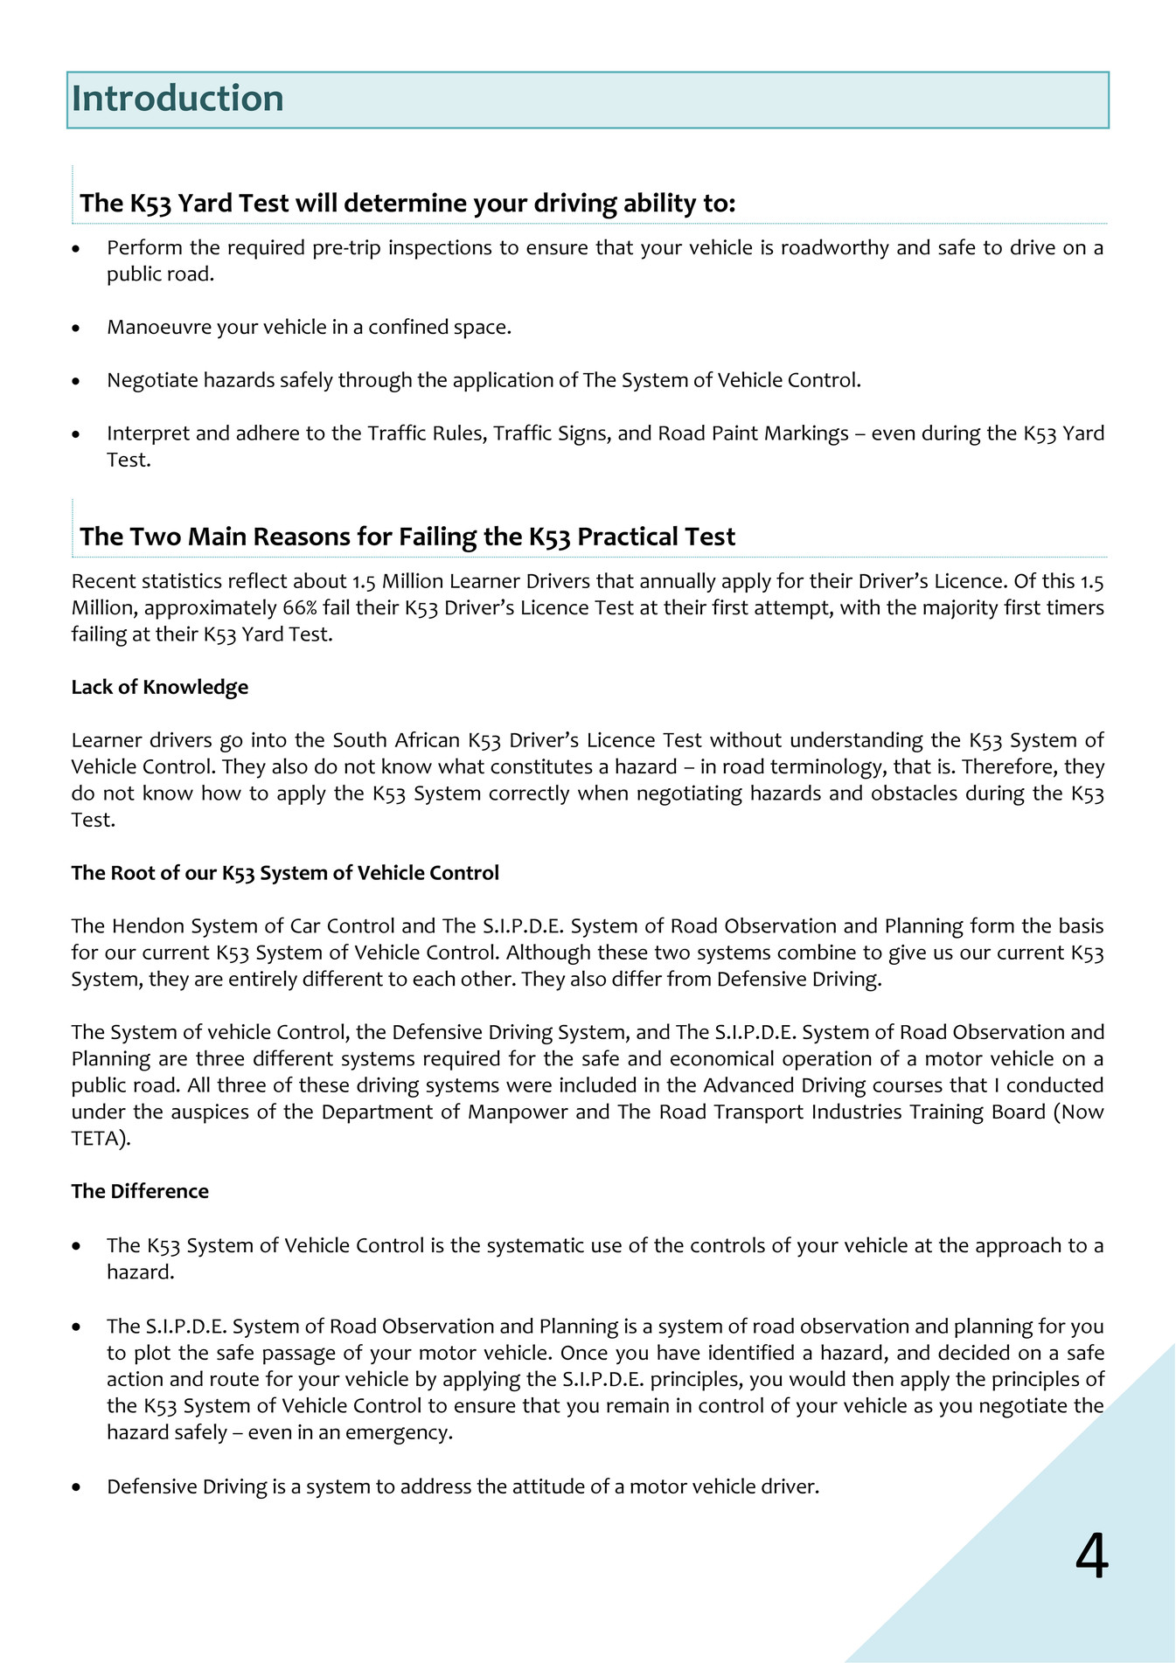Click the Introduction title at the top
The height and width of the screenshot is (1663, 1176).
pos(177,99)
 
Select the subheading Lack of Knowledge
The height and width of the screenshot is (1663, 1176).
pos(160,688)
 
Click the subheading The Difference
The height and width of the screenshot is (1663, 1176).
pos(140,1192)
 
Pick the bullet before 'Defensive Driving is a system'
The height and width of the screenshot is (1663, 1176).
pos(77,1487)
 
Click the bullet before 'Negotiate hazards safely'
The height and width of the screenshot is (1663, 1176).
pos(77,381)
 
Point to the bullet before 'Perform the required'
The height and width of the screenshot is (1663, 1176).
pos(77,249)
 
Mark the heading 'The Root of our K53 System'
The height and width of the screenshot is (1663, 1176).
pos(285,873)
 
